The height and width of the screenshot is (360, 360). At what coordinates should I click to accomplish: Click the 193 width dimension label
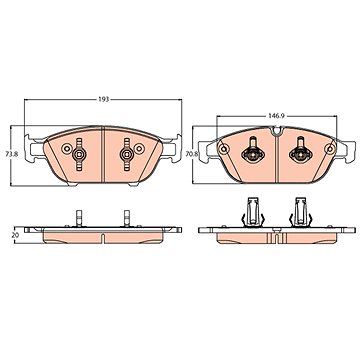coord(103,100)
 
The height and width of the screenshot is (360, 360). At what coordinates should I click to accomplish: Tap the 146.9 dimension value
coord(276,116)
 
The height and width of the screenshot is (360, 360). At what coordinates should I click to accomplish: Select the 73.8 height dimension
coord(10,154)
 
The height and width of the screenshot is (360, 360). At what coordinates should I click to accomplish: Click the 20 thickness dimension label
coord(15,235)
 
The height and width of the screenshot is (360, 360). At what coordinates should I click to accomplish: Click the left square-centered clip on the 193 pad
coord(79,154)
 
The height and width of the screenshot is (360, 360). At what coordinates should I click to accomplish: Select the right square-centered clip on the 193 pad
coord(127,154)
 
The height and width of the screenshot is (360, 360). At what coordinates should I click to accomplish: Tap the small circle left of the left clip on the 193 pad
coord(66,149)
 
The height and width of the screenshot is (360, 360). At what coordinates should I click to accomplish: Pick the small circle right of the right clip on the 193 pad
coord(139,149)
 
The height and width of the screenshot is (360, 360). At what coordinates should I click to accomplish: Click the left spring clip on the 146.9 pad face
coord(253,152)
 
